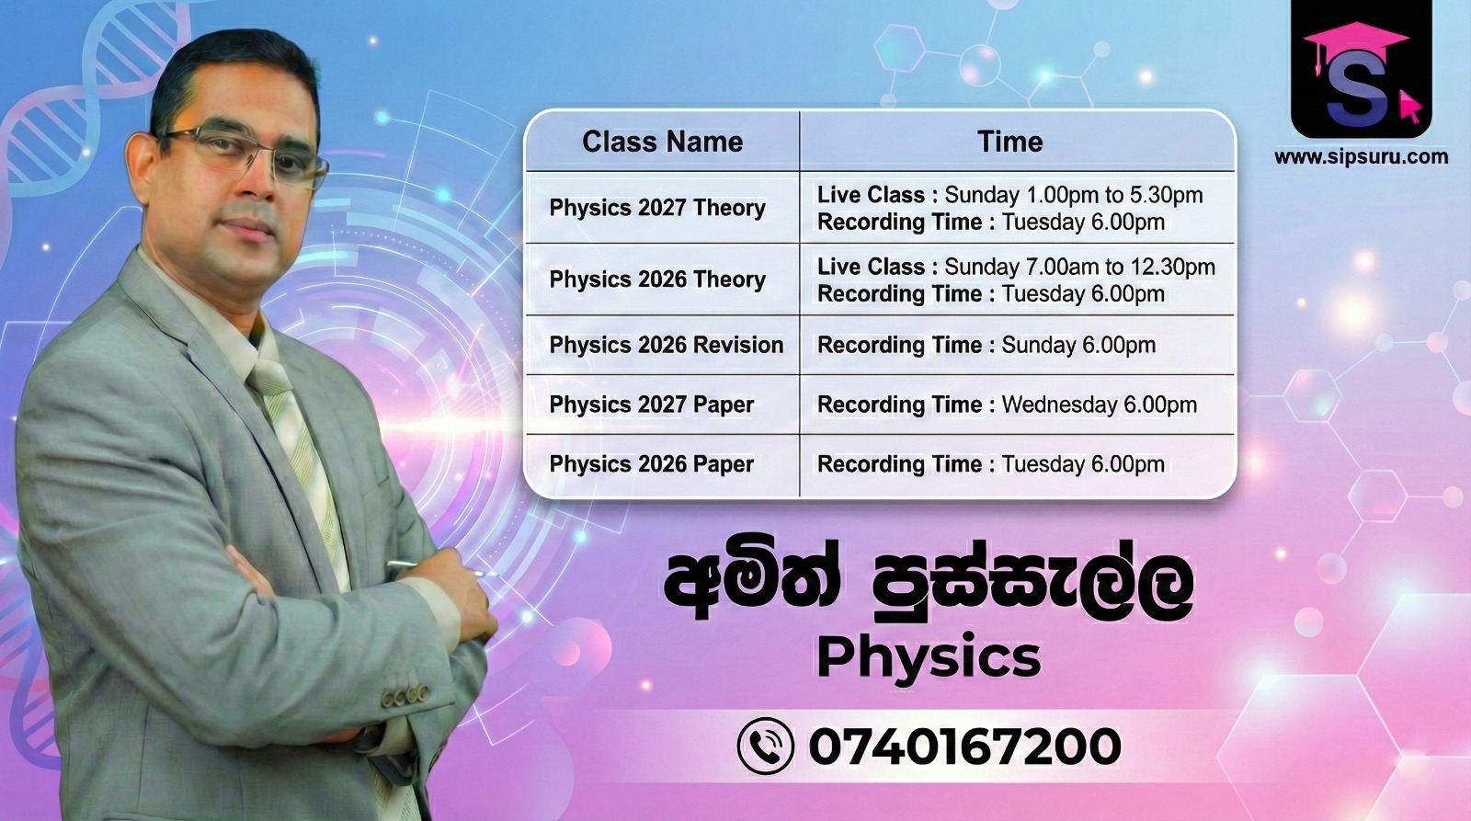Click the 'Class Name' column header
coord(662,142)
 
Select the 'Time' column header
coord(1010,142)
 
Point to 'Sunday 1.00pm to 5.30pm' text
coord(1074,195)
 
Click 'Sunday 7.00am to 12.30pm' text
coord(1079,267)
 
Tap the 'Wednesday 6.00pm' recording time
coord(1100,405)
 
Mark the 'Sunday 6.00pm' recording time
coord(1078,345)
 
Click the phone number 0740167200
coord(964,747)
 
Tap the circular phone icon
coord(766,747)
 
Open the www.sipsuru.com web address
coord(1362,157)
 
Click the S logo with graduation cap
coord(1361,69)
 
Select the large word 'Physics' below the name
coord(929,658)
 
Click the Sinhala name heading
coord(928,581)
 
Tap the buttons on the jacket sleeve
coord(405,695)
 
